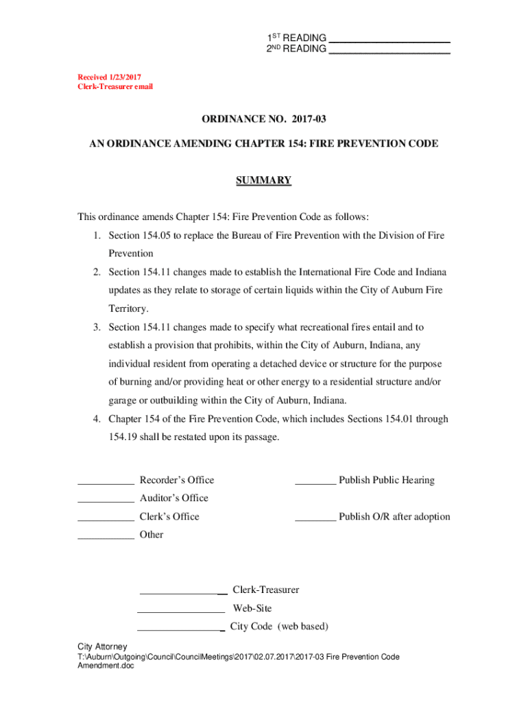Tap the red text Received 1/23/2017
(x=109, y=77)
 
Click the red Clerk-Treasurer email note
(x=115, y=87)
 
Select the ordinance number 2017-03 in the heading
(x=309, y=119)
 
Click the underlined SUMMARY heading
(x=264, y=180)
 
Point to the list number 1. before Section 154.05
(x=98, y=236)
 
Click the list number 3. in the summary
(x=98, y=328)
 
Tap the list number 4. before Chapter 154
(x=98, y=419)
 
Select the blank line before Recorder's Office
(x=106, y=483)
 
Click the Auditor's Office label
(x=173, y=498)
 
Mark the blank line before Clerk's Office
(x=106, y=520)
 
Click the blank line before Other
(x=106, y=538)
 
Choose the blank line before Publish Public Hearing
(x=315, y=483)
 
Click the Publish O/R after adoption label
(x=394, y=517)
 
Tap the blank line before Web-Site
(x=181, y=611)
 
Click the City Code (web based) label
(x=279, y=627)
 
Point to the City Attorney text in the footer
(x=102, y=647)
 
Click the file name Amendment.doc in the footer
(x=106, y=666)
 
